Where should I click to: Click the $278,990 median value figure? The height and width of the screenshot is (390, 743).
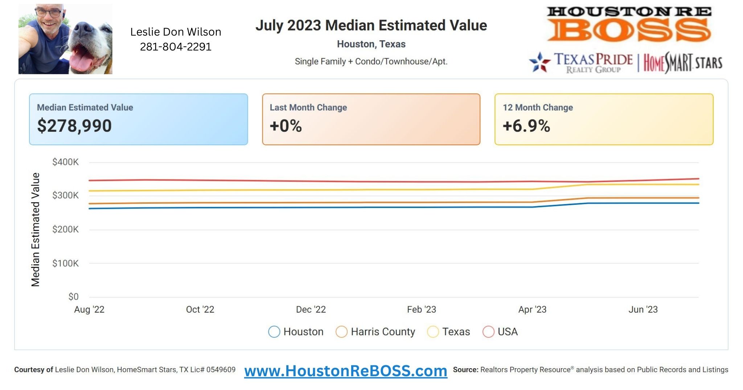74,126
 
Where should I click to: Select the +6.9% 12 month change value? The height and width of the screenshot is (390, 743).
526,126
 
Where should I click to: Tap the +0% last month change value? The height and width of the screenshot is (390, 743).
286,126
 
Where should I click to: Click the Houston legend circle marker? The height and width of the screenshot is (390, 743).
274,332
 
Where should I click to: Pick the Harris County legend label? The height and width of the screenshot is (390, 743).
383,332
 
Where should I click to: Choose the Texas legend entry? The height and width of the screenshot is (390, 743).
456,332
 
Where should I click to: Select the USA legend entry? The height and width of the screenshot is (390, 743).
507,332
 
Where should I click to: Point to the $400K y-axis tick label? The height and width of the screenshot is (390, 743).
65,162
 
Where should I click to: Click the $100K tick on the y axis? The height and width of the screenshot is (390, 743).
65,263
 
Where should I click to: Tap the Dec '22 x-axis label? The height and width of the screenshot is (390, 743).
311,309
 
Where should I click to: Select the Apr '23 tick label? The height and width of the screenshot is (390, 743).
532,309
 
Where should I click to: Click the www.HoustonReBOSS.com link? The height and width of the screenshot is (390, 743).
345,371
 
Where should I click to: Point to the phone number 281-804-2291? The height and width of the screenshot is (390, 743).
176,47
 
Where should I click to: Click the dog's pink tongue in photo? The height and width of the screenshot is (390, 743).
81,60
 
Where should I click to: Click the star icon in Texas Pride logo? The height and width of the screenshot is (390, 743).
539,62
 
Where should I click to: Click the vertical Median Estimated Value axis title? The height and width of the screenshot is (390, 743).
36,229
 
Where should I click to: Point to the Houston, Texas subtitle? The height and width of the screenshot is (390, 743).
371,44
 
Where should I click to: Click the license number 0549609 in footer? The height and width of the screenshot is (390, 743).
221,370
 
